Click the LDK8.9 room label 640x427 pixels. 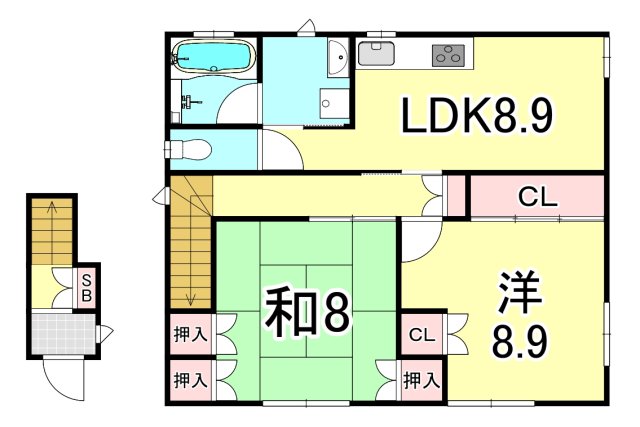[x=478, y=119]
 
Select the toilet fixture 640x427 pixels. [x=190, y=149]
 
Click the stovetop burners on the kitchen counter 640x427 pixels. [x=449, y=55]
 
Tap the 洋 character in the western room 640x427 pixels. [x=518, y=293]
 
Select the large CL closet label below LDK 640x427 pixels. [x=537, y=197]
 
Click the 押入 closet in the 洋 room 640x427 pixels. [x=421, y=380]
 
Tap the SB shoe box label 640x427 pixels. [x=87, y=288]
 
